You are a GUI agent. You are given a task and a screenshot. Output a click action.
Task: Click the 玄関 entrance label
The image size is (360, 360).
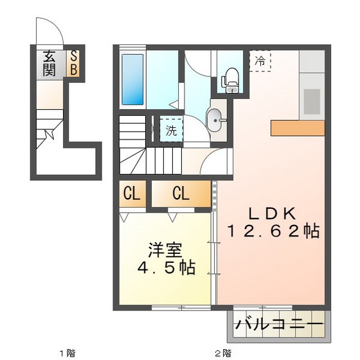tap(50, 63)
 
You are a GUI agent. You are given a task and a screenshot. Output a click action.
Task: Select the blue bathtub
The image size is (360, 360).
tap(133, 79)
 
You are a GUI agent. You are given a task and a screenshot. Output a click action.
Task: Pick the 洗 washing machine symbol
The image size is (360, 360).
tap(171, 130)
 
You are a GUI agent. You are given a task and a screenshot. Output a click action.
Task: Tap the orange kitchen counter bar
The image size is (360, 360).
tap(297, 127)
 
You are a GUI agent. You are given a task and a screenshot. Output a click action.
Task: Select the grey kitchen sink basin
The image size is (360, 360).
tap(312, 100)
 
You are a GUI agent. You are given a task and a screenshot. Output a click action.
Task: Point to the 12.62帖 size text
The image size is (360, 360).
tap(273, 231)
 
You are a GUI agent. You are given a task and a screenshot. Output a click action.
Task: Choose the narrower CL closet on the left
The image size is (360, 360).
tap(132, 194)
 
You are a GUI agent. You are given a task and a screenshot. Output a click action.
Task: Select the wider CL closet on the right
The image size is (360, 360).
tap(181, 194)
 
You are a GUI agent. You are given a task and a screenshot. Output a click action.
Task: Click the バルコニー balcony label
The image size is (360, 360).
tap(278, 325)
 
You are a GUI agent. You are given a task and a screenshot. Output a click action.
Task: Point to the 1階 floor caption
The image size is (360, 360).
tap(67, 352)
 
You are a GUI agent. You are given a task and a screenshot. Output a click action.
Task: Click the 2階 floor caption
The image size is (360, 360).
tap(222, 352)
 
